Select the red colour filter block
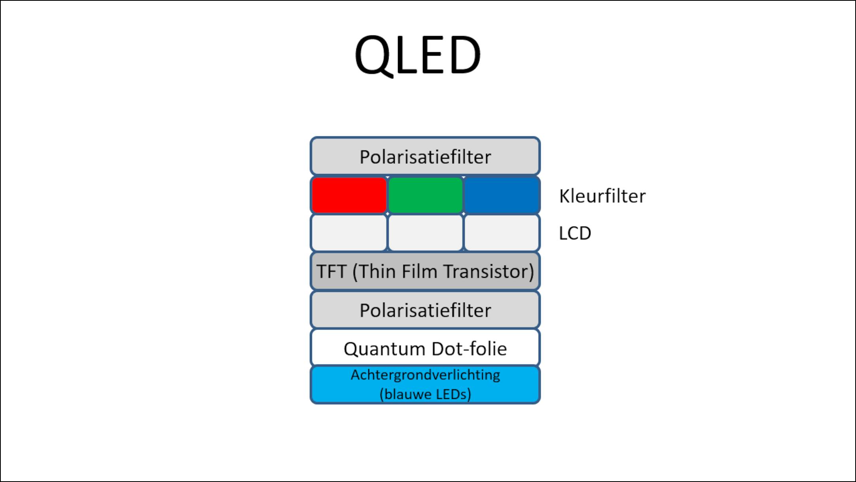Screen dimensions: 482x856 349,195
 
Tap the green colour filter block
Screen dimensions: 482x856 425,195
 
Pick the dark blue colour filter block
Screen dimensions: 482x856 502,195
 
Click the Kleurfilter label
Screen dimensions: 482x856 602,196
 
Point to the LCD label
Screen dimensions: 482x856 575,233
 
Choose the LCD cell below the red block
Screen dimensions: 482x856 349,233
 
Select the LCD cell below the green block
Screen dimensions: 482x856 425,233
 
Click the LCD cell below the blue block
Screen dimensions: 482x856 502,233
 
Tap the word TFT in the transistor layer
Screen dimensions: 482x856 331,271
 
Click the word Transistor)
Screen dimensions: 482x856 489,271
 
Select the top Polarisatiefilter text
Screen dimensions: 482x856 425,157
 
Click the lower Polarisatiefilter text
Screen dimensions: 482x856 425,310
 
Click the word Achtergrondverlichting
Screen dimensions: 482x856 425,375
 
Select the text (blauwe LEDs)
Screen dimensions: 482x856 425,394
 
